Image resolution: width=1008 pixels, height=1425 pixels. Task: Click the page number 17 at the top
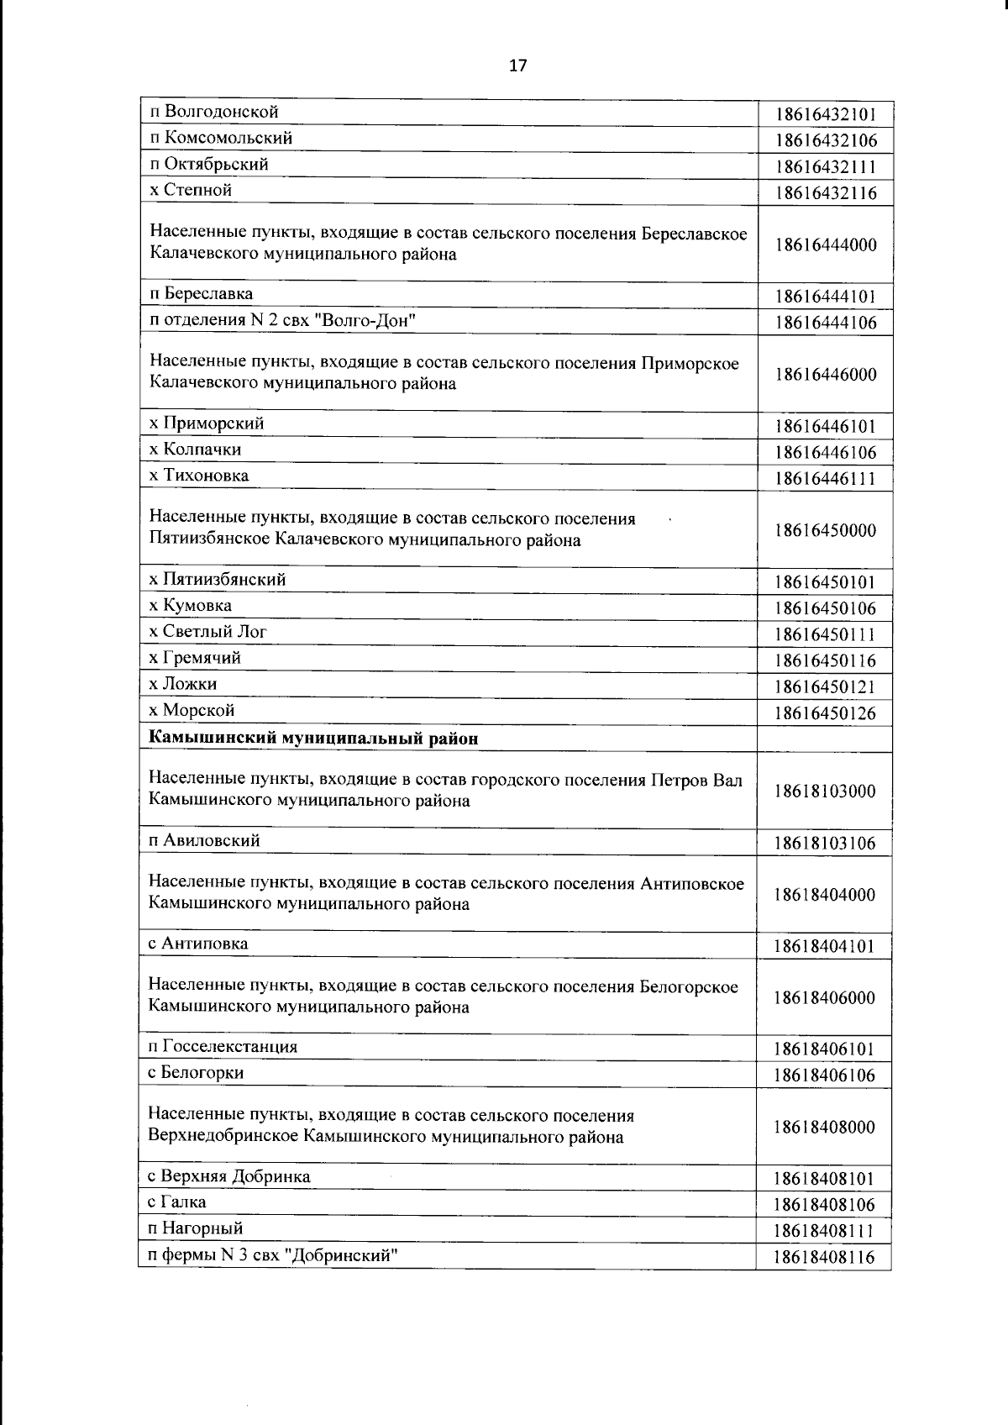517,66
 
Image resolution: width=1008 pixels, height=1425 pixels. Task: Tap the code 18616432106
826,140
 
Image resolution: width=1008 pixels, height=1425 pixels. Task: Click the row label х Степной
191,190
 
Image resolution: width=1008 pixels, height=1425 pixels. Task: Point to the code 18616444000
826,245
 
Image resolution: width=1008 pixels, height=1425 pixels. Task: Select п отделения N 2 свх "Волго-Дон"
283,320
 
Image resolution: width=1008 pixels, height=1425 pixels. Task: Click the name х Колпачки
195,450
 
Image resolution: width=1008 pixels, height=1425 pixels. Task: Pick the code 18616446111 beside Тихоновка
826,479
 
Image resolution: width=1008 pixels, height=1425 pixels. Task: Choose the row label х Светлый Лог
207,632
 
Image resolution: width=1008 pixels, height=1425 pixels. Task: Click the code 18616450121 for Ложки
826,686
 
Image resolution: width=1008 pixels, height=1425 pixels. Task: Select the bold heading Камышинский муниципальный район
313,739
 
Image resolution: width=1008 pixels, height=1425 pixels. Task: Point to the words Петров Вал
696,780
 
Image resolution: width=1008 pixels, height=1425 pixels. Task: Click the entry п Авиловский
204,840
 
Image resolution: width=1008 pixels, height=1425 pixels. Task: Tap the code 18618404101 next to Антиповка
826,947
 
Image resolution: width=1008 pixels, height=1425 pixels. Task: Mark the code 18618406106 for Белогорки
826,1075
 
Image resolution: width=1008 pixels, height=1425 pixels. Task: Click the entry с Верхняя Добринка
229,1176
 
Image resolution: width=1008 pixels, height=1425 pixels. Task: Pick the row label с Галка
177,1202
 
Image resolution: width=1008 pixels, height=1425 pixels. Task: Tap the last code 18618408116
826,1258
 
